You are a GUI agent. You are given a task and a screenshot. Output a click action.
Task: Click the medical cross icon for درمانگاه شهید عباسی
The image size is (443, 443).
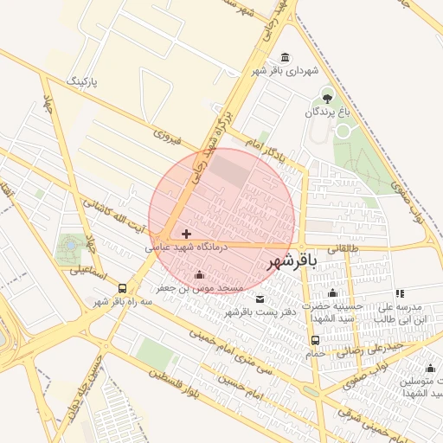(186, 234)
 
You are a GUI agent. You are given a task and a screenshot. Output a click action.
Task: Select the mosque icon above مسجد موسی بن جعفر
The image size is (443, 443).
(201, 275)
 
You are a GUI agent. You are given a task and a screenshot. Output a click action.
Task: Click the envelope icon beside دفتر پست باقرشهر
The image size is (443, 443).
(259, 299)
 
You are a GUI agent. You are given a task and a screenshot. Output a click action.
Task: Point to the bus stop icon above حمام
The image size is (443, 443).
(313, 341)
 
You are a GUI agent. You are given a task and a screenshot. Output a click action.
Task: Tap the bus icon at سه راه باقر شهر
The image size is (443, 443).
(122, 288)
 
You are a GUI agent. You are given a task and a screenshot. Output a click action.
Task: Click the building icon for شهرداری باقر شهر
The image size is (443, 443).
(286, 57)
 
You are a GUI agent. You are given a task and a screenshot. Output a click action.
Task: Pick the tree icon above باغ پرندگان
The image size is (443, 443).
(327, 95)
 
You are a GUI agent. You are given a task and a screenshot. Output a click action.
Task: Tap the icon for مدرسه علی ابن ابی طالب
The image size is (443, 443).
(399, 294)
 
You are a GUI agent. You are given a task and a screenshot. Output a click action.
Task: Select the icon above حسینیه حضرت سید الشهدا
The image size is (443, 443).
(333, 294)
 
